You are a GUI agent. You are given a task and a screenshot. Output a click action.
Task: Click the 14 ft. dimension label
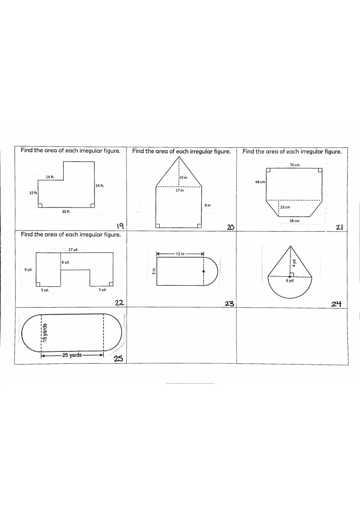tap(50, 177)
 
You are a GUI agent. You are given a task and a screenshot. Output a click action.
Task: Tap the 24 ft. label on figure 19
tap(100, 185)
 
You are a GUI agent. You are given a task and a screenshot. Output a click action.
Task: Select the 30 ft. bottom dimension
tap(66, 211)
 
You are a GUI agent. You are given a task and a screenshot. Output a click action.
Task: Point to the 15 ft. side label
tap(33, 193)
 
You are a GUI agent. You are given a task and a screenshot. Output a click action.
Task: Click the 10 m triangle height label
tap(183, 177)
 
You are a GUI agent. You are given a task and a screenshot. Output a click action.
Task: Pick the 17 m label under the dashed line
tap(180, 190)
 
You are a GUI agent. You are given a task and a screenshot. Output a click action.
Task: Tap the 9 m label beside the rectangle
tap(208, 205)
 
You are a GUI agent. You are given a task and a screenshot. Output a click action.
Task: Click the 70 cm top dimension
tap(295, 165)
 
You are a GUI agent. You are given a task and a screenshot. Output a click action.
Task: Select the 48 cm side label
tap(260, 182)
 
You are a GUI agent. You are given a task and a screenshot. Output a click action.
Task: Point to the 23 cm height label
tap(285, 207)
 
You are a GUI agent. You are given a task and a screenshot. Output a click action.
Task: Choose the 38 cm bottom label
tap(294, 221)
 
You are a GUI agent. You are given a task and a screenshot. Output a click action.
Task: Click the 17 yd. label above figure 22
tap(73, 250)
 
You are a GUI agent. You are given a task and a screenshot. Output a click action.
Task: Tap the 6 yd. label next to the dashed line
tap(66, 262)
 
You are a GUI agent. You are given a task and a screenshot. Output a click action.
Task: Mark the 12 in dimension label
tap(180, 254)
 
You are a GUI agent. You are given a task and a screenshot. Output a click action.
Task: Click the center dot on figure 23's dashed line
tap(204, 271)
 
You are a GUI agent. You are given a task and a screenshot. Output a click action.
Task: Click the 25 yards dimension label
tap(72, 355)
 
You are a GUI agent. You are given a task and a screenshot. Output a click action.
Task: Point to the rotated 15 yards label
tap(45, 333)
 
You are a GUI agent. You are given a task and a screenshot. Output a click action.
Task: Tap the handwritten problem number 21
tap(339, 227)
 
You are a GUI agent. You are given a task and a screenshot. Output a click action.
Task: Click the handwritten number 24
tap(336, 304)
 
